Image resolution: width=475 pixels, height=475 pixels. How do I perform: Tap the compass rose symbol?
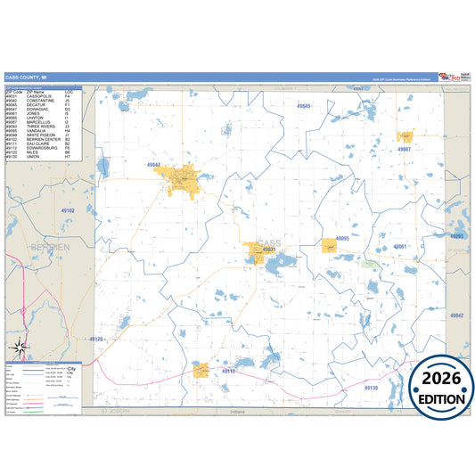coord(20,347)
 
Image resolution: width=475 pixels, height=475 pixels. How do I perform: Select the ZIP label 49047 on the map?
coord(178,165)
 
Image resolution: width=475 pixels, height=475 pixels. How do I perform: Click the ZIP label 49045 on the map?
coord(304,105)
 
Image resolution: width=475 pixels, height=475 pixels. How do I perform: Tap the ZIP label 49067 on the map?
coord(405,149)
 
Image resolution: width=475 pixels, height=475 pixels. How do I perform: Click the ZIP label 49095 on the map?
coord(342,239)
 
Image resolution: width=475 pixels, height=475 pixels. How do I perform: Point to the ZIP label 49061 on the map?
coord(400,246)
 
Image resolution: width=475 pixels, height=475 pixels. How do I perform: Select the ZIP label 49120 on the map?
coord(97,340)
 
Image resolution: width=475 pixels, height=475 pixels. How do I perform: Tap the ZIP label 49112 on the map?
coord(228,370)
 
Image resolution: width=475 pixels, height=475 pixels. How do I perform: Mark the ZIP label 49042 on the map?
coord(457,315)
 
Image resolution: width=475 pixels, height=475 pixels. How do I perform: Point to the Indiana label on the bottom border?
coord(237,412)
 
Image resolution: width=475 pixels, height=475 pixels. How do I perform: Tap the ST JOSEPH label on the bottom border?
coord(115,412)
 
